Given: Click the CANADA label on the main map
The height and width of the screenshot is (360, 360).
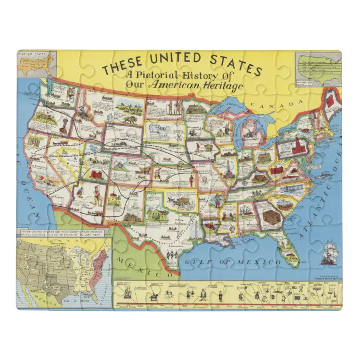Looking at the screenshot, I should click(x=267, y=105).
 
